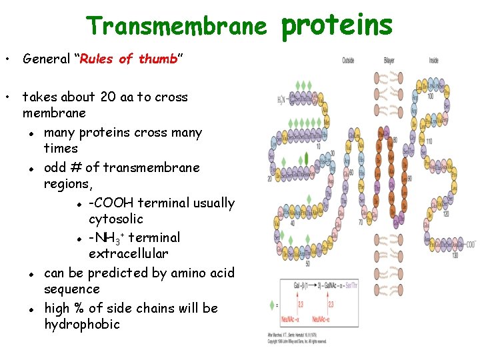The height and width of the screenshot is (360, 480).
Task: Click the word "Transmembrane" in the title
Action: coord(177,26)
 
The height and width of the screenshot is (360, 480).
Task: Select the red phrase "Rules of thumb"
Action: coord(128,59)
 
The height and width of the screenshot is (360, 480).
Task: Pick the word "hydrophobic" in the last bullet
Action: coord(82,325)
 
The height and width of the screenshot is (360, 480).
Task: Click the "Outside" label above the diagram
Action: coord(348,61)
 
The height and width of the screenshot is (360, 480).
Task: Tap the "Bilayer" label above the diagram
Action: coord(389,61)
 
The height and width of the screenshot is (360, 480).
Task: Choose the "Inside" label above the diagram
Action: coord(433,61)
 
